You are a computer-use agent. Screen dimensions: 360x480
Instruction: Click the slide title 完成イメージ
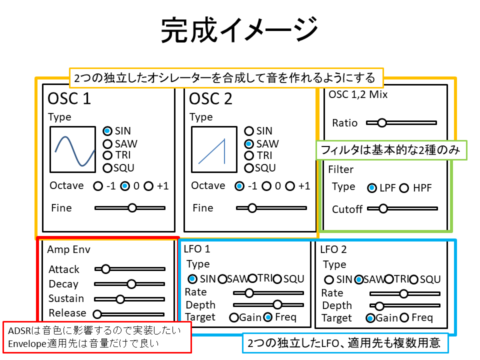pyautogui.click(x=239, y=31)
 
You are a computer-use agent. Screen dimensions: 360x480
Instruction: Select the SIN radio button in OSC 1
pyautogui.click(x=107, y=131)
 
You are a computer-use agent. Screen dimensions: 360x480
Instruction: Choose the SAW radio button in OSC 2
pyautogui.click(x=249, y=143)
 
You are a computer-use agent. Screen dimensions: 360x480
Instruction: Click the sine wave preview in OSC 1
pyautogui.click(x=73, y=149)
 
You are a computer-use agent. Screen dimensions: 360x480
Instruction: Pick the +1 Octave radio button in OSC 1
pyautogui.click(x=148, y=186)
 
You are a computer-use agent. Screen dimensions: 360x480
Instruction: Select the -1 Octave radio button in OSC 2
pyautogui.click(x=240, y=186)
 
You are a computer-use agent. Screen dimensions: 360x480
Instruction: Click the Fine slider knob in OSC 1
pyautogui.click(x=132, y=207)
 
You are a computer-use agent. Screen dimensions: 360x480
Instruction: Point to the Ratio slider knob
pyautogui.click(x=382, y=122)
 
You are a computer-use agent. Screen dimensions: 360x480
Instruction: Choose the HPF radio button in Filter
pyautogui.click(x=404, y=188)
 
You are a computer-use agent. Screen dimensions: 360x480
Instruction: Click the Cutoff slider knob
pyautogui.click(x=383, y=208)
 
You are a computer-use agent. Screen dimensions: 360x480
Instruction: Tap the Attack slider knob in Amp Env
pyautogui.click(x=105, y=269)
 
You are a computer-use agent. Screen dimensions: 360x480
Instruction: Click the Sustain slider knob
pyautogui.click(x=120, y=299)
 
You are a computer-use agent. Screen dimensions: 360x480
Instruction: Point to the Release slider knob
pyautogui.click(x=97, y=314)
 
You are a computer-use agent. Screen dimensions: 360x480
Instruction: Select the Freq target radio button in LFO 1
pyautogui.click(x=268, y=317)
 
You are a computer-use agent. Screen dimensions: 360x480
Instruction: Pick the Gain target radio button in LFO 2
pyautogui.click(x=370, y=318)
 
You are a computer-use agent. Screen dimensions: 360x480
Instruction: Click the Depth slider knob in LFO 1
pyautogui.click(x=277, y=304)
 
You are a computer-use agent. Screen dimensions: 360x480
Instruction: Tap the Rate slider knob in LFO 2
pyautogui.click(x=403, y=293)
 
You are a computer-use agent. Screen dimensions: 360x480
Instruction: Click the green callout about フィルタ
pyautogui.click(x=391, y=150)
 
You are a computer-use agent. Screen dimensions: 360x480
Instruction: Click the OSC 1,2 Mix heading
pyautogui.click(x=358, y=94)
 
